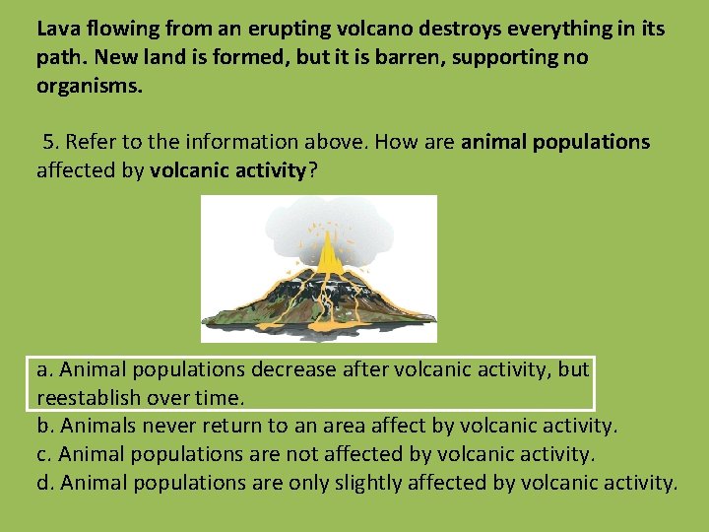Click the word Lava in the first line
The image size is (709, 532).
(x=57, y=29)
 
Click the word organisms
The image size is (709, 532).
(x=89, y=86)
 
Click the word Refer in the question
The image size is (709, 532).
(x=90, y=142)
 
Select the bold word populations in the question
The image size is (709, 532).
(x=590, y=142)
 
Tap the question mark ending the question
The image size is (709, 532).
(x=312, y=170)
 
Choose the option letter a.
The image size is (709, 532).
(x=43, y=369)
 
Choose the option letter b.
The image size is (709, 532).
(x=43, y=427)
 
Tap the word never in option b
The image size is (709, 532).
(x=169, y=427)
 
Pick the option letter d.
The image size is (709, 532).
(x=43, y=484)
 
